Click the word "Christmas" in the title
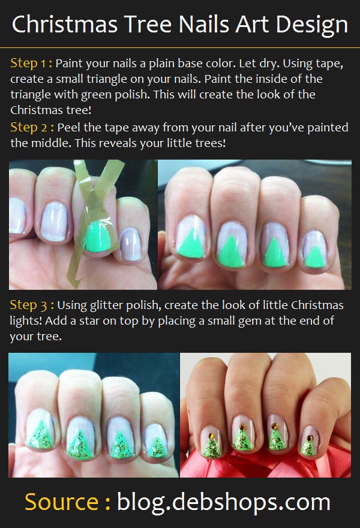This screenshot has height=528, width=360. click(64, 24)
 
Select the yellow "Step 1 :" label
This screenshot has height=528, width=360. click(31, 64)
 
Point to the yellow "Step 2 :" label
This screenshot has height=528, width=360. click(32, 128)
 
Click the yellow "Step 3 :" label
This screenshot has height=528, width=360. click(32, 305)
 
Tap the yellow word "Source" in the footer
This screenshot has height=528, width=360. click(61, 502)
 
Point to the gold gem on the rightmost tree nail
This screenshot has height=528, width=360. click(308, 438)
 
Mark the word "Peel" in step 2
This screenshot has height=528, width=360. click(69, 128)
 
